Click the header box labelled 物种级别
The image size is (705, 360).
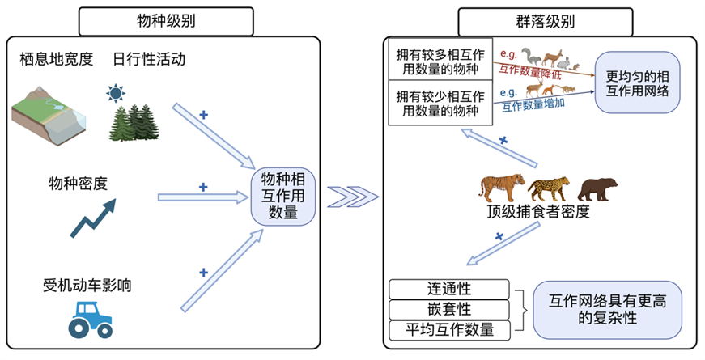(166, 19)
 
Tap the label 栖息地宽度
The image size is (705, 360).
(57, 59)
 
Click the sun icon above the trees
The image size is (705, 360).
(116, 93)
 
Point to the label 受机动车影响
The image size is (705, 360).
(87, 285)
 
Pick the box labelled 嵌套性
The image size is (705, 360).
(449, 309)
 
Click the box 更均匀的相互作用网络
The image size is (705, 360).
(638, 83)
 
